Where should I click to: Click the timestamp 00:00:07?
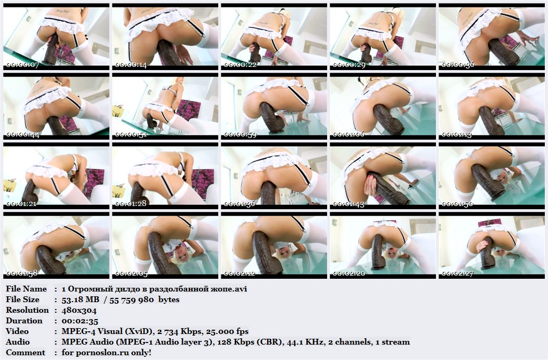click(x=23, y=65)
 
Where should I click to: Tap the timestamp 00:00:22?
click(x=240, y=65)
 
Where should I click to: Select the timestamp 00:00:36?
click(x=458, y=65)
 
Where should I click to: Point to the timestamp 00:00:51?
click(x=131, y=134)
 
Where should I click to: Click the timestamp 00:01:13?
click(x=458, y=134)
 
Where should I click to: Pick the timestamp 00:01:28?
click(x=131, y=204)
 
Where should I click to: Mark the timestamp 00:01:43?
click(x=349, y=204)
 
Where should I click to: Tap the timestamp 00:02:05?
click(x=131, y=273)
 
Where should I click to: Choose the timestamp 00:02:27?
click(x=458, y=273)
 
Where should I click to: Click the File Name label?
click(x=26, y=289)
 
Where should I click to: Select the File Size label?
click(x=23, y=299)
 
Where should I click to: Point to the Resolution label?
click(x=27, y=310)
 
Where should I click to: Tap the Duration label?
click(x=24, y=321)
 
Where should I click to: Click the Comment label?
click(x=25, y=353)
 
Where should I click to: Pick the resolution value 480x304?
click(x=79, y=311)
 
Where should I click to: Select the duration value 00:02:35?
click(x=80, y=321)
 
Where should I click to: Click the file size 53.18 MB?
click(x=80, y=299)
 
